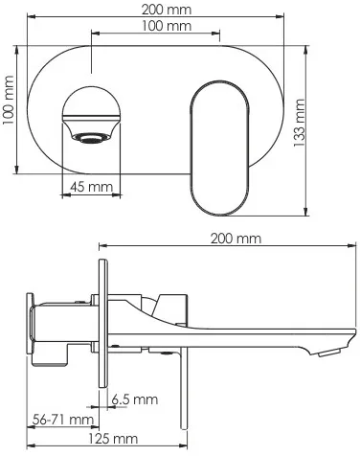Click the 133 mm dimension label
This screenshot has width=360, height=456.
[300, 123]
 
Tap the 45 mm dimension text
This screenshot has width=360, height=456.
[91, 187]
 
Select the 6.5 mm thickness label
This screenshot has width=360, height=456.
[135, 399]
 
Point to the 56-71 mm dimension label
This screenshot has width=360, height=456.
[63, 420]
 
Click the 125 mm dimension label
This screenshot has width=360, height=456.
[113, 439]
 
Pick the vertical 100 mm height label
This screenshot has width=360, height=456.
[9, 101]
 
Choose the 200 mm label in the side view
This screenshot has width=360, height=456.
[236, 239]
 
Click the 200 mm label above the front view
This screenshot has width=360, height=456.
[167, 10]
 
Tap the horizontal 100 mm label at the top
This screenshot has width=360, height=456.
[167, 26]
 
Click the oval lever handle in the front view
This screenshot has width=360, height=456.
[219, 148]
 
